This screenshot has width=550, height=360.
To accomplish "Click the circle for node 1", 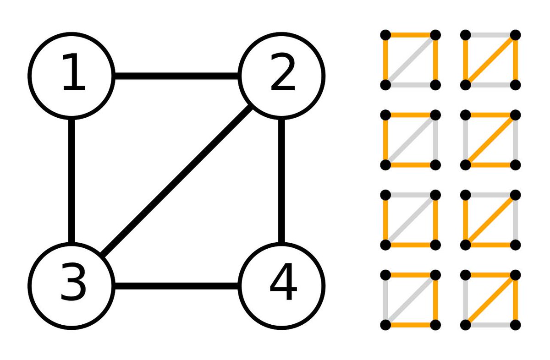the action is (x=71, y=75).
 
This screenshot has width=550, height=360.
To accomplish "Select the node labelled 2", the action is (x=282, y=75).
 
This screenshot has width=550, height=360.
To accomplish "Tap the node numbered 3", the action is (x=71, y=285).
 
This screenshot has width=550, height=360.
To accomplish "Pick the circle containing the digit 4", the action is (x=282, y=285).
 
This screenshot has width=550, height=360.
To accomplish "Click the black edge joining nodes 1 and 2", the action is (x=176, y=76).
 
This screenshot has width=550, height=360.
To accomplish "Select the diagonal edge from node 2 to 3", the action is (x=176, y=181).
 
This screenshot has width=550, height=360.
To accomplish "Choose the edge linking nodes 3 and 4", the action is (x=176, y=286).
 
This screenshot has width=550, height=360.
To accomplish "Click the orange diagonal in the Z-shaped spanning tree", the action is (x=490, y=139).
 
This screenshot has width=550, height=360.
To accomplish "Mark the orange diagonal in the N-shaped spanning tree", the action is (x=490, y=60).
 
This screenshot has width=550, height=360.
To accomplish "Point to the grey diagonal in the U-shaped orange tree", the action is (x=410, y=220).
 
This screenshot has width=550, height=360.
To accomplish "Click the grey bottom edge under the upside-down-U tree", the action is (x=410, y=85).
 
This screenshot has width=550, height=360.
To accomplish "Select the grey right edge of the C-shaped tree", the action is (x=435, y=139).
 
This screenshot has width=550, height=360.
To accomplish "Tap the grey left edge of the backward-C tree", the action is (x=385, y=300).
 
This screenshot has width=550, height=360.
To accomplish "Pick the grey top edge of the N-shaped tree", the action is (x=490, y=34).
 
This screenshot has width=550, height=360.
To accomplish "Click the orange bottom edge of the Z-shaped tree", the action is (x=490, y=164).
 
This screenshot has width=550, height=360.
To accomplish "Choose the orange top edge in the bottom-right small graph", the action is (x=490, y=275).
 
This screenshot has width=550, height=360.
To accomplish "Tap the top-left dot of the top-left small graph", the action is (x=385, y=34).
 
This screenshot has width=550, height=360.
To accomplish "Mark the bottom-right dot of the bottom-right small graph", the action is (x=516, y=325).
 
